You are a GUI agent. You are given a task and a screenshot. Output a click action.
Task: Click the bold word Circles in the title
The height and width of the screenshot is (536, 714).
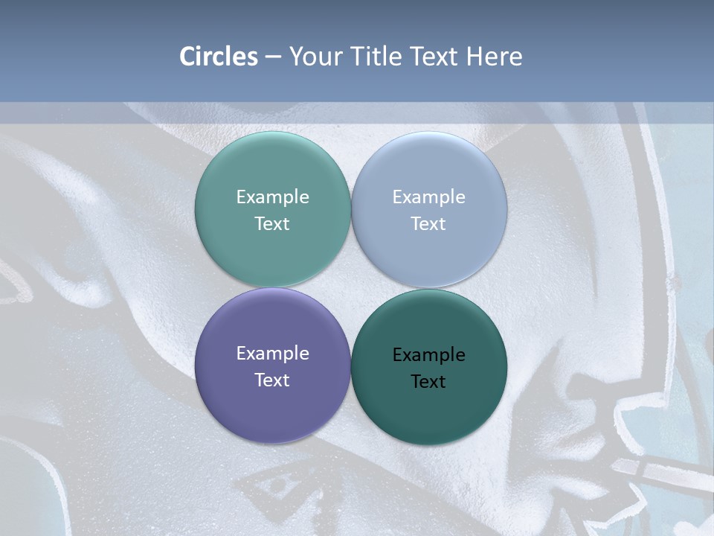tap(219, 57)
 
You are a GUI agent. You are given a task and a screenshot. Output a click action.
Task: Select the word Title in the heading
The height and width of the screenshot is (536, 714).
tap(379, 57)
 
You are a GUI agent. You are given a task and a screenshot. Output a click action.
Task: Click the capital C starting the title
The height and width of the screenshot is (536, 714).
tap(187, 57)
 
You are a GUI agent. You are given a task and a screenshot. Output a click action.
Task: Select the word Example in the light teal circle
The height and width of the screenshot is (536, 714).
tap(272, 197)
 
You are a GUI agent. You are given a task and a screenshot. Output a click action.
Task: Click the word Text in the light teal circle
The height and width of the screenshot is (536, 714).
tap(272, 224)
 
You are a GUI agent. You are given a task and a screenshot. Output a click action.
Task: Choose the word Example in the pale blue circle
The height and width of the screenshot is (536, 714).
tap(428, 197)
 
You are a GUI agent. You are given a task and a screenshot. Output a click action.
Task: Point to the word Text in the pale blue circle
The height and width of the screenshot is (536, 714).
tap(428, 224)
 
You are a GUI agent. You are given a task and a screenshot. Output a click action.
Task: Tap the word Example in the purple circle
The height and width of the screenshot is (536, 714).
tap(272, 354)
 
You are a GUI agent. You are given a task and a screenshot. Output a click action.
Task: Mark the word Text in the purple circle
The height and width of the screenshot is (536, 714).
tap(272, 380)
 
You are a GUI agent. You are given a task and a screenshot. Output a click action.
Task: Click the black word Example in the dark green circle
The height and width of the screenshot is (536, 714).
tap(428, 355)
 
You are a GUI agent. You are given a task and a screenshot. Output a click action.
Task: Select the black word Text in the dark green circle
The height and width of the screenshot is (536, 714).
tap(428, 382)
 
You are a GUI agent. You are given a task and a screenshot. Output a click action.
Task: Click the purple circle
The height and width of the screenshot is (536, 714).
tap(272, 409)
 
